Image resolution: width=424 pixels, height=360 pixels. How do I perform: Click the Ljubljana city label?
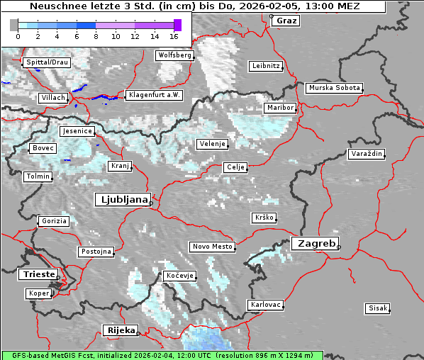click(x=122, y=200)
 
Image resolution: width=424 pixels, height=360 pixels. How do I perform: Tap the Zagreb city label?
click(x=314, y=243)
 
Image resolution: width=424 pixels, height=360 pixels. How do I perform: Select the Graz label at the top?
click(x=286, y=21)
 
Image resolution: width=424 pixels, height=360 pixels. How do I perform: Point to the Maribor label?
click(x=279, y=108)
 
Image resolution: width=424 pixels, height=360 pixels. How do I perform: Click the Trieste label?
click(x=38, y=274)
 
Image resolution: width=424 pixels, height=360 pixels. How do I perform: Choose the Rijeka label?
click(x=120, y=330)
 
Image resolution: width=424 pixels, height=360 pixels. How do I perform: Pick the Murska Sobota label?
click(x=334, y=88)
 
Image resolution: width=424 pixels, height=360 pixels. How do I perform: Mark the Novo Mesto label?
click(x=212, y=247)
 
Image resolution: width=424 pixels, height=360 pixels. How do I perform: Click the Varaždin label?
click(x=366, y=154)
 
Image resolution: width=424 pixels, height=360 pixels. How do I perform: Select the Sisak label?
click(x=376, y=308)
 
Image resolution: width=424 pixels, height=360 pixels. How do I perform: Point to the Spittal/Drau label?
click(x=46, y=62)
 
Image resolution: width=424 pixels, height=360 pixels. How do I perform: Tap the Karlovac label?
click(x=266, y=305)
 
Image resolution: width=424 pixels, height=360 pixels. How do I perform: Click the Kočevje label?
click(x=179, y=275)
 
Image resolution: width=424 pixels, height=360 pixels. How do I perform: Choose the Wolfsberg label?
click(x=174, y=55)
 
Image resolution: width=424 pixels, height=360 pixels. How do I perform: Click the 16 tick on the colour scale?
click(x=174, y=35)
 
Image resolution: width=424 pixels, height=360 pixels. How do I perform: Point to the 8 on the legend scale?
click(x=96, y=35)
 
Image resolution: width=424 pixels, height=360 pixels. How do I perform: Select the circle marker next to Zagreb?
click(x=339, y=247)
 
